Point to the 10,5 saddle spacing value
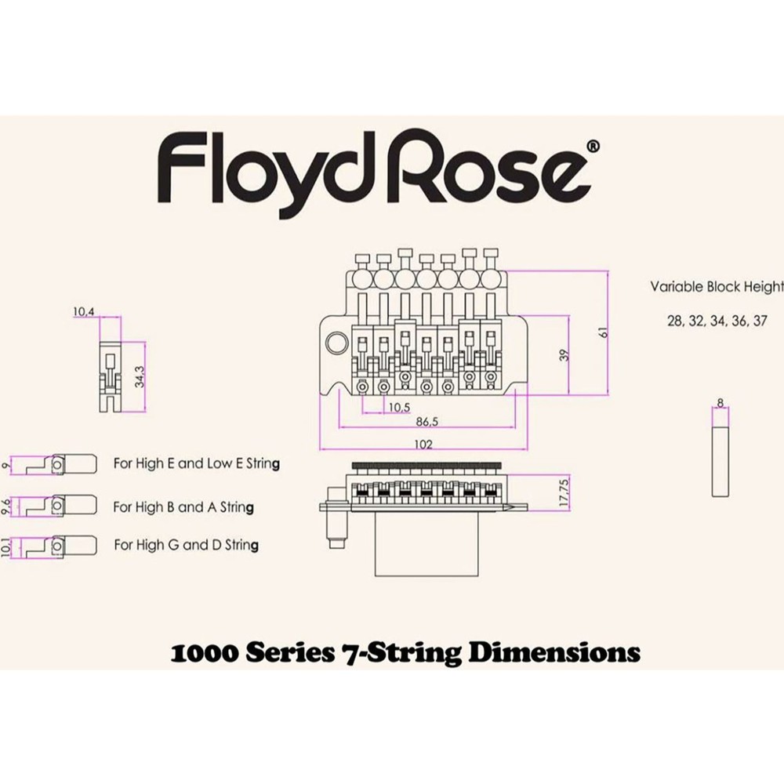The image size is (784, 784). (399, 407)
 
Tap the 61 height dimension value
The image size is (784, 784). (603, 332)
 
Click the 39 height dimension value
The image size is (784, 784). (563, 355)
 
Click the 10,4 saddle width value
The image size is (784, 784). (83, 312)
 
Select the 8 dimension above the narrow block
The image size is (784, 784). (720, 403)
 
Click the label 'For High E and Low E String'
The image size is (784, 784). (196, 463)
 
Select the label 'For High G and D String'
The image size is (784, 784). (187, 545)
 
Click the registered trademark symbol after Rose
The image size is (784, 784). (593, 147)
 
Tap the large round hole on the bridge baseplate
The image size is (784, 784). (339, 343)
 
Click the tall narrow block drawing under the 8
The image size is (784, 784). (720, 456)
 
